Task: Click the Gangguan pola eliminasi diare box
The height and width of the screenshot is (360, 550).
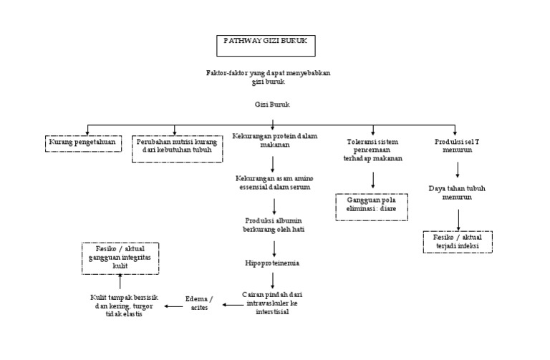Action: (372, 205)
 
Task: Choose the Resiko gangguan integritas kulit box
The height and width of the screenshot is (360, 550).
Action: (120, 257)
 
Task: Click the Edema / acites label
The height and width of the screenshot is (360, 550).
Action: (198, 301)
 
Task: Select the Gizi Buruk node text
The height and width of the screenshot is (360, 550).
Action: (273, 104)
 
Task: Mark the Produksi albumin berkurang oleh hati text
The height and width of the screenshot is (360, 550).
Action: (274, 224)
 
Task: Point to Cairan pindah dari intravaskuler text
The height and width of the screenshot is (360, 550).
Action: (276, 303)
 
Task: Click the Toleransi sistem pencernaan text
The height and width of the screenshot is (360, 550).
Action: (372, 150)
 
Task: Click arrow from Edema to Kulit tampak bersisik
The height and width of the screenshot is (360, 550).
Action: (173, 306)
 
